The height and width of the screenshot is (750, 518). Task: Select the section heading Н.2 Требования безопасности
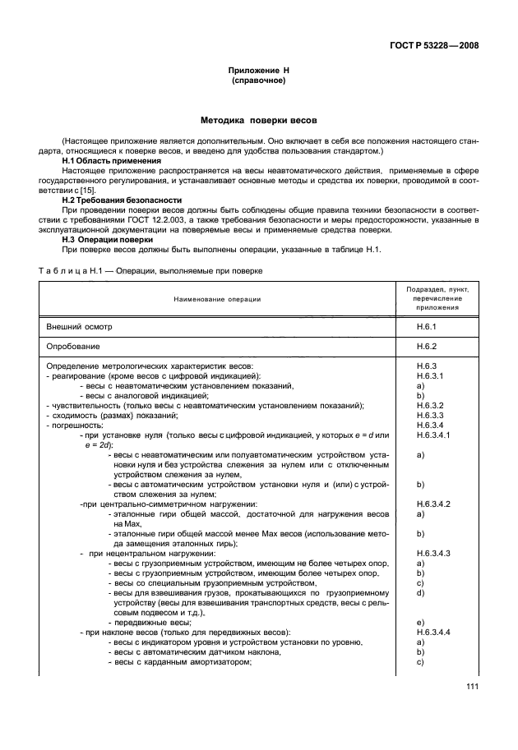coord(123,200)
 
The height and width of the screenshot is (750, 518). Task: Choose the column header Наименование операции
coord(217,299)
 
